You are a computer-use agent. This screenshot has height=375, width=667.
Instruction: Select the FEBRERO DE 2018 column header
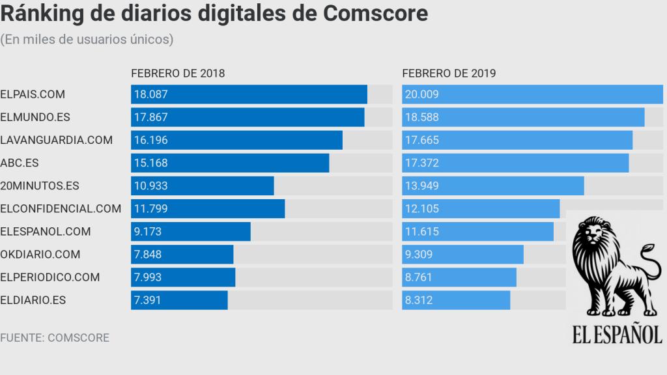tap(178, 74)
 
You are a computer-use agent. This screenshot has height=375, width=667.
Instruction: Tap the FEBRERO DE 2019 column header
tap(449, 74)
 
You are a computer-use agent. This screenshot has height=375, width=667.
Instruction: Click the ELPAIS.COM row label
tap(33, 94)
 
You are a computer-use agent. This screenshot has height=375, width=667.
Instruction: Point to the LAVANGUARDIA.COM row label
tap(57, 140)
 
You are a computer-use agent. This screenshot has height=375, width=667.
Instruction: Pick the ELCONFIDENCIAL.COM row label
tap(61, 208)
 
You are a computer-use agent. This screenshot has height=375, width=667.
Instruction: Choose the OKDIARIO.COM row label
tap(40, 254)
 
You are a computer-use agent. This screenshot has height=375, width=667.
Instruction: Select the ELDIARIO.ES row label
tap(33, 300)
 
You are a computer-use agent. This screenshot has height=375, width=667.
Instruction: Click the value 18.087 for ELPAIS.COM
tap(151, 94)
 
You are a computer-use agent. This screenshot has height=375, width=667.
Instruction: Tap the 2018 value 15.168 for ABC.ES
tap(151, 163)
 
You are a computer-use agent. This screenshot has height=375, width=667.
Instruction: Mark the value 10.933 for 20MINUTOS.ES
tap(151, 186)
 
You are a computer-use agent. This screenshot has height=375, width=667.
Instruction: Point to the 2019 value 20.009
tap(422, 94)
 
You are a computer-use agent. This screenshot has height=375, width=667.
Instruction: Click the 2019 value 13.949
tap(422, 186)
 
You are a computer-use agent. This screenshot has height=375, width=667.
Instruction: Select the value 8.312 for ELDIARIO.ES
tap(419, 300)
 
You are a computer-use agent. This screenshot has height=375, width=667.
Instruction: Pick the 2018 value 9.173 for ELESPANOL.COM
tap(148, 231)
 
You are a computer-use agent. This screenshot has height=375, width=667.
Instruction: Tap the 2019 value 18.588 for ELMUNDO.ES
tap(422, 117)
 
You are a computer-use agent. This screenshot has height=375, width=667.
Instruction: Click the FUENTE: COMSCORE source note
tap(55, 338)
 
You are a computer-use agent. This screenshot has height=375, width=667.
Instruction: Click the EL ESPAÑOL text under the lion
tap(617, 334)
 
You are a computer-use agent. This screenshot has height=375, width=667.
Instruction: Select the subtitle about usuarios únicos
tap(87, 40)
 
